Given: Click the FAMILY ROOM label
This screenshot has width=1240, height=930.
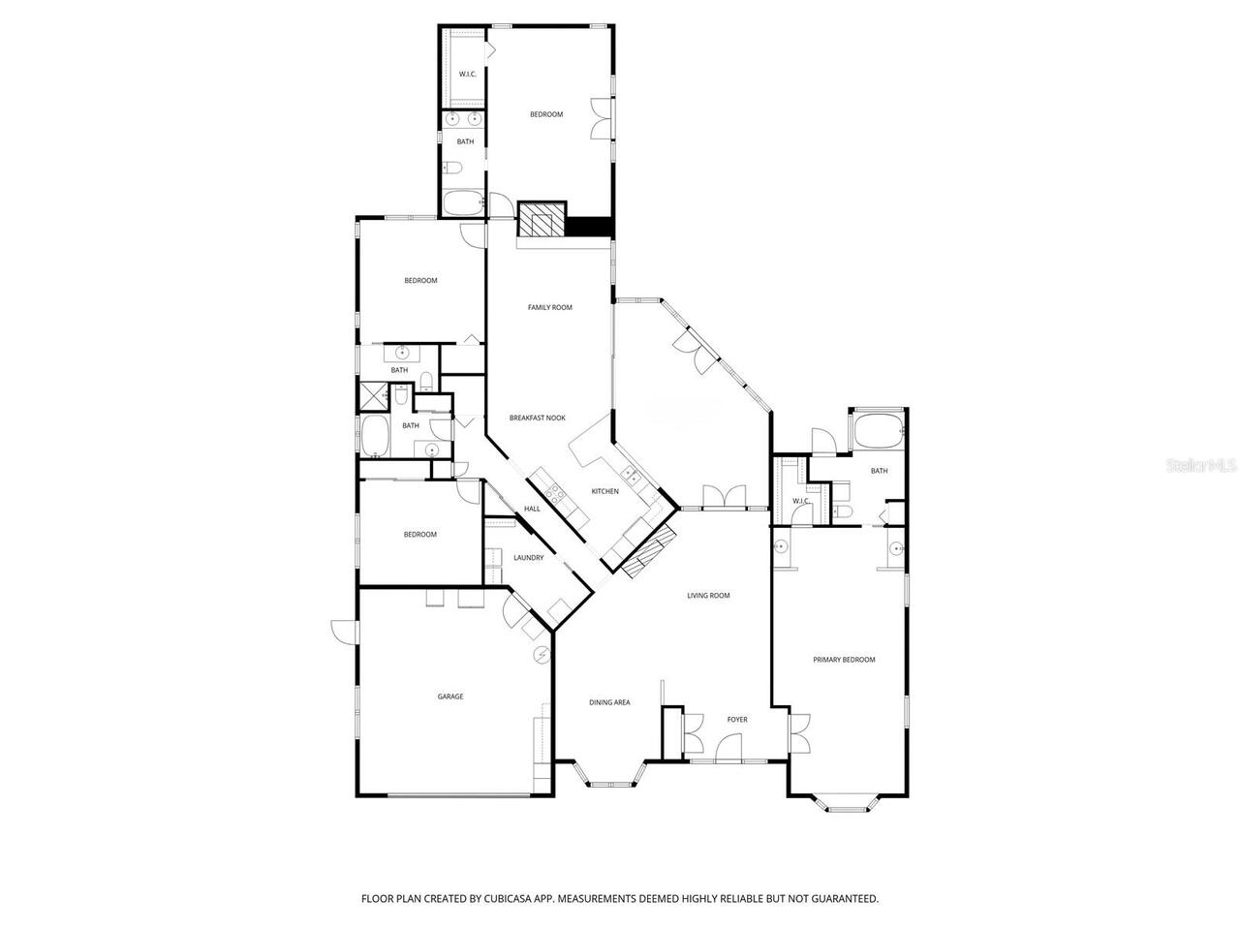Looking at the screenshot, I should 549,307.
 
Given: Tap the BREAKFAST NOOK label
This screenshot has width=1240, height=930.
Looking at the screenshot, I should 537,418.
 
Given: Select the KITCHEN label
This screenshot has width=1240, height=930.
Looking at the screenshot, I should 604,491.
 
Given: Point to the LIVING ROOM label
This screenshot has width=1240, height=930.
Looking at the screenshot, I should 708,595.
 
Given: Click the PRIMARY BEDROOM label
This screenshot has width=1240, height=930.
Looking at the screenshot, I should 843,660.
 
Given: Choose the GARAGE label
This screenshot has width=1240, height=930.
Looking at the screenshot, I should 450,696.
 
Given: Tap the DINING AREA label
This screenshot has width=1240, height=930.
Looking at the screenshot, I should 609,701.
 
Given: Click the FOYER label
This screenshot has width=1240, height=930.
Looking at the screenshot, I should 737,719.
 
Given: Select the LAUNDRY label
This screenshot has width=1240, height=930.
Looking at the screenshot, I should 528,557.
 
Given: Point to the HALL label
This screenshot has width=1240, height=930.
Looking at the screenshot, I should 532,509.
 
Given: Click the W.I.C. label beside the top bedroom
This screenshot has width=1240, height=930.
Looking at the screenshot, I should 466,74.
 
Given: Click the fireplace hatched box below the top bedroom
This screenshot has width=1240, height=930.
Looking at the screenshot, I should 540,220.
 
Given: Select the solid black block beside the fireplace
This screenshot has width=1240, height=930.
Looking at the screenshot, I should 589,226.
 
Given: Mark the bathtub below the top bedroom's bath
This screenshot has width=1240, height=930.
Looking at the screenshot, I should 463,203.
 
